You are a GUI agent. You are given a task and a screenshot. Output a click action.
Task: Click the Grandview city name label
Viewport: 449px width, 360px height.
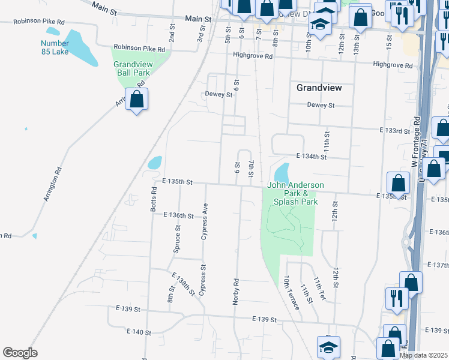pos(319,88)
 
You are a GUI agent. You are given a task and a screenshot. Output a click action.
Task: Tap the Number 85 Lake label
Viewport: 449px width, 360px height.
pos(55,47)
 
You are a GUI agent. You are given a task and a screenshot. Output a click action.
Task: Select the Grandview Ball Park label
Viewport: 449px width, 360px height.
pos(132,68)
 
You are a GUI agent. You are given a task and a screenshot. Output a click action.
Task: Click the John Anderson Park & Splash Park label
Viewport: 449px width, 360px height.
pos(295,194)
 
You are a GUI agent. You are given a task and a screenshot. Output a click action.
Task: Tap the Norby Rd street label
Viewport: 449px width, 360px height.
pos(236,290)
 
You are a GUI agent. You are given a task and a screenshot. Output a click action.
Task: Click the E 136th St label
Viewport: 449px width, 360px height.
pos(178,215)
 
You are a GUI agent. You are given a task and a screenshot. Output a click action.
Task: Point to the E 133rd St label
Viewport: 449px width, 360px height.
pos(394,130)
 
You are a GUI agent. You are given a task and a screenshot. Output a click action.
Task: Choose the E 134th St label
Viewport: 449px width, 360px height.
pos(310,157)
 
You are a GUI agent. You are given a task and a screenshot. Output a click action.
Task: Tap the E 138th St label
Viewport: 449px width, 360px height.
pos(183,284)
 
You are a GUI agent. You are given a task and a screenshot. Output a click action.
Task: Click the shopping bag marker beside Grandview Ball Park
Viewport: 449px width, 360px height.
pos(137,100)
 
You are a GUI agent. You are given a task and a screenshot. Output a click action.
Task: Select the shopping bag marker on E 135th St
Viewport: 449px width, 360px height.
pos(399,184)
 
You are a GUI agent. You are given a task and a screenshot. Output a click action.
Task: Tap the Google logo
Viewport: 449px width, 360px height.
pos(20,352)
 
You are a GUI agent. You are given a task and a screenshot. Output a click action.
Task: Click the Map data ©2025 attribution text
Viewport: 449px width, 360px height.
pos(423,355)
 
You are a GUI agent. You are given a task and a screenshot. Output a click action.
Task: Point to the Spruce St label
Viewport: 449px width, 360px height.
pos(177,238)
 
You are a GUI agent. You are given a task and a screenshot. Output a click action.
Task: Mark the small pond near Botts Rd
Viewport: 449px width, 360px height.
pos(155,163)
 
